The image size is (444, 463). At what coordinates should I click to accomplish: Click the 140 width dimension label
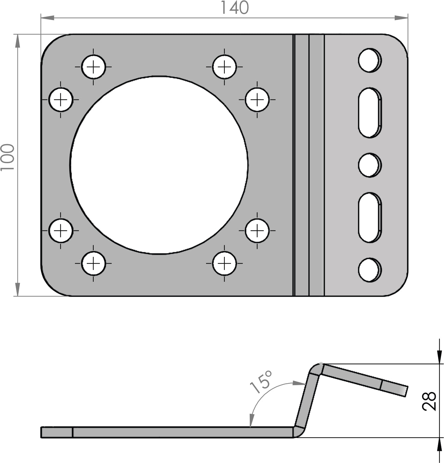tap(235, 8)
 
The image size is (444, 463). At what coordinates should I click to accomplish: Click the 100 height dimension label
tap(7, 157)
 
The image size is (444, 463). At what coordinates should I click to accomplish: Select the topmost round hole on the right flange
tap(369, 60)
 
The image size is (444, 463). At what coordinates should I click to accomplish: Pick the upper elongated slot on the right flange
tap(370, 113)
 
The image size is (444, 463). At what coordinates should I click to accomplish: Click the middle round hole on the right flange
tap(369, 165)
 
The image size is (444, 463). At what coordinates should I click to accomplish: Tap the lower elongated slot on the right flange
tap(370, 218)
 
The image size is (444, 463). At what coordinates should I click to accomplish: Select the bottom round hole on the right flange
tap(369, 270)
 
